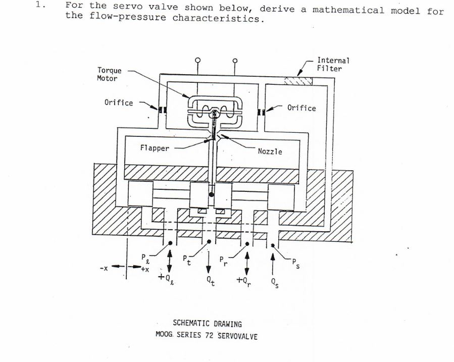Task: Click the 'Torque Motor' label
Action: pyautogui.click(x=109, y=74)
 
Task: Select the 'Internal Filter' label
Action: pyautogui.click(x=333, y=64)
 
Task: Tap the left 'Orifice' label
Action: pyautogui.click(x=119, y=102)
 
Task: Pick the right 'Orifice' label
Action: pyautogui.click(x=301, y=108)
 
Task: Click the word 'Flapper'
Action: pyautogui.click(x=155, y=148)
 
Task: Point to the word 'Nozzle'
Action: pyautogui.click(x=270, y=151)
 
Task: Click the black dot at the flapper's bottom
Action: pyautogui.click(x=211, y=194)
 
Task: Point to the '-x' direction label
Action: pyautogui.click(x=105, y=268)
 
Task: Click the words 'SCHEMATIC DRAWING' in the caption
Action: pyautogui.click(x=208, y=324)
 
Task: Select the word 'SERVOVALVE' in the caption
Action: pyautogui.click(x=237, y=336)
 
